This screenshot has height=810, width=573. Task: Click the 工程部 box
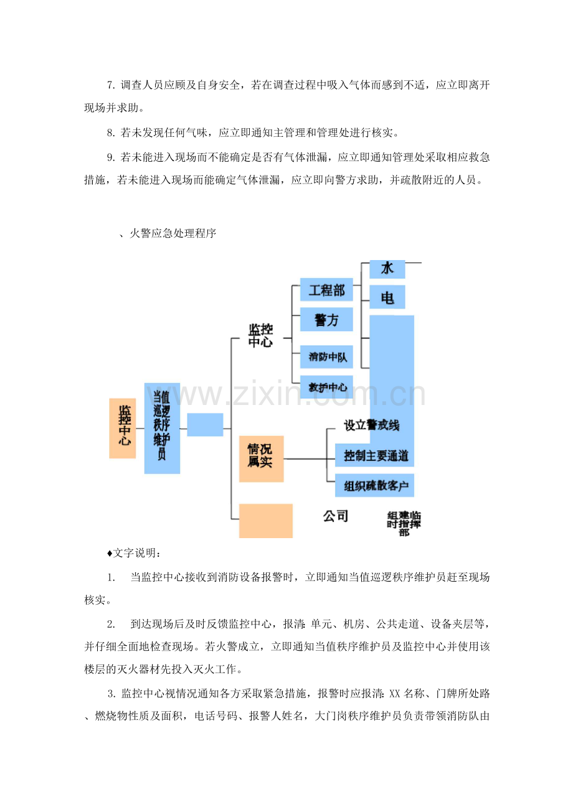(326, 289)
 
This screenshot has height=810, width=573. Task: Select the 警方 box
(326, 319)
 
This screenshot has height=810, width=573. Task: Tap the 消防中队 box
(326, 357)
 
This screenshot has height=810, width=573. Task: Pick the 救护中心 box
(326, 387)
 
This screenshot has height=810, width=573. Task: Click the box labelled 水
(387, 269)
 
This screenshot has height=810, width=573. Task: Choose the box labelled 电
(387, 297)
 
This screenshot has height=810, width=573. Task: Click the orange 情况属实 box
(261, 459)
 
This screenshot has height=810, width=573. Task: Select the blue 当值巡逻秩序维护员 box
(162, 428)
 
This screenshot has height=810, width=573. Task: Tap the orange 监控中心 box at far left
(122, 428)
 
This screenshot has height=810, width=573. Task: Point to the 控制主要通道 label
(376, 455)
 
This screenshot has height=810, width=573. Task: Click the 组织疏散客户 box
(374, 485)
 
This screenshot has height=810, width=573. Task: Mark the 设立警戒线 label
(371, 425)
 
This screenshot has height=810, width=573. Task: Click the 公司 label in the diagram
(336, 516)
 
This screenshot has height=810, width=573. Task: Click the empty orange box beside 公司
(266, 521)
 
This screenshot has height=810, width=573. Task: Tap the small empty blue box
(205, 424)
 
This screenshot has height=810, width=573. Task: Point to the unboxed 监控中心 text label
(260, 335)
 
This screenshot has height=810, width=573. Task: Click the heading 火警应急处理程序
(173, 233)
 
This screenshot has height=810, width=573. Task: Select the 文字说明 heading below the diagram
(135, 553)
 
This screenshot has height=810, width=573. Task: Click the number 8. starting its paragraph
(111, 133)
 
